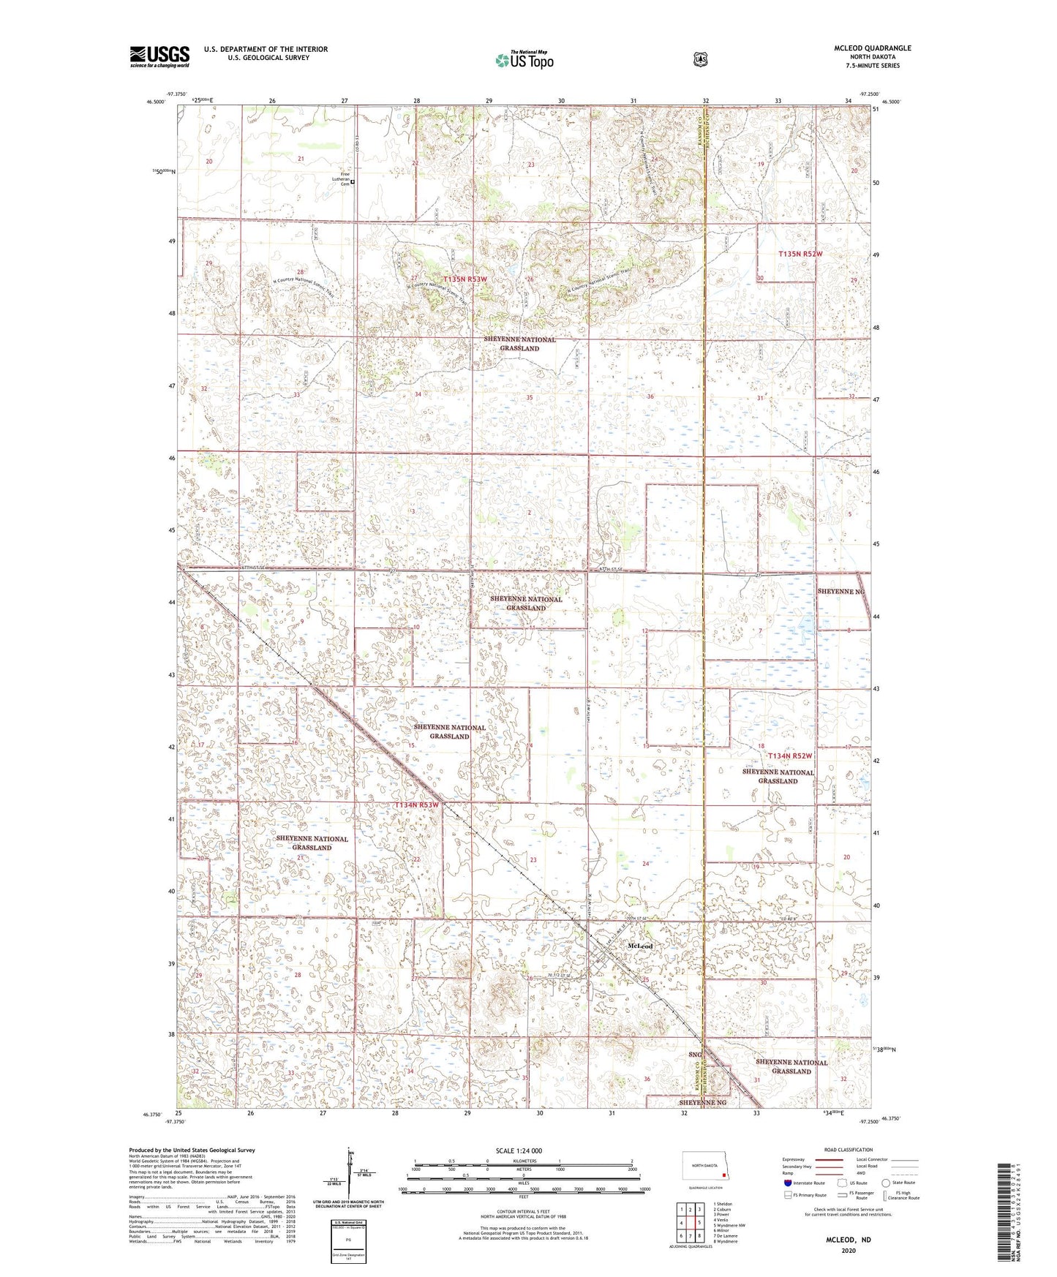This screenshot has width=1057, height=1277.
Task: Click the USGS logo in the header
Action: [x=159, y=56]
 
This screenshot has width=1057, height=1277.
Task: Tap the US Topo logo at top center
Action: [x=523, y=60]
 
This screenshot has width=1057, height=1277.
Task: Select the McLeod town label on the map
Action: [x=640, y=946]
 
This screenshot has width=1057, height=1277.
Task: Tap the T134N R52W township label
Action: [x=790, y=756]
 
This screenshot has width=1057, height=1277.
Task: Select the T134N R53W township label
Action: [x=416, y=805]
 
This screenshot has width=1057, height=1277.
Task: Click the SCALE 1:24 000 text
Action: [x=519, y=1150]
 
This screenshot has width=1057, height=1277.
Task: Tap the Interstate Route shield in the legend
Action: [x=787, y=1183]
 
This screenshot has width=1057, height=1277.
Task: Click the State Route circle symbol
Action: [x=885, y=1183]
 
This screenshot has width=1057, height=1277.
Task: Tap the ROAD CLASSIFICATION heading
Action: [x=848, y=1150]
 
